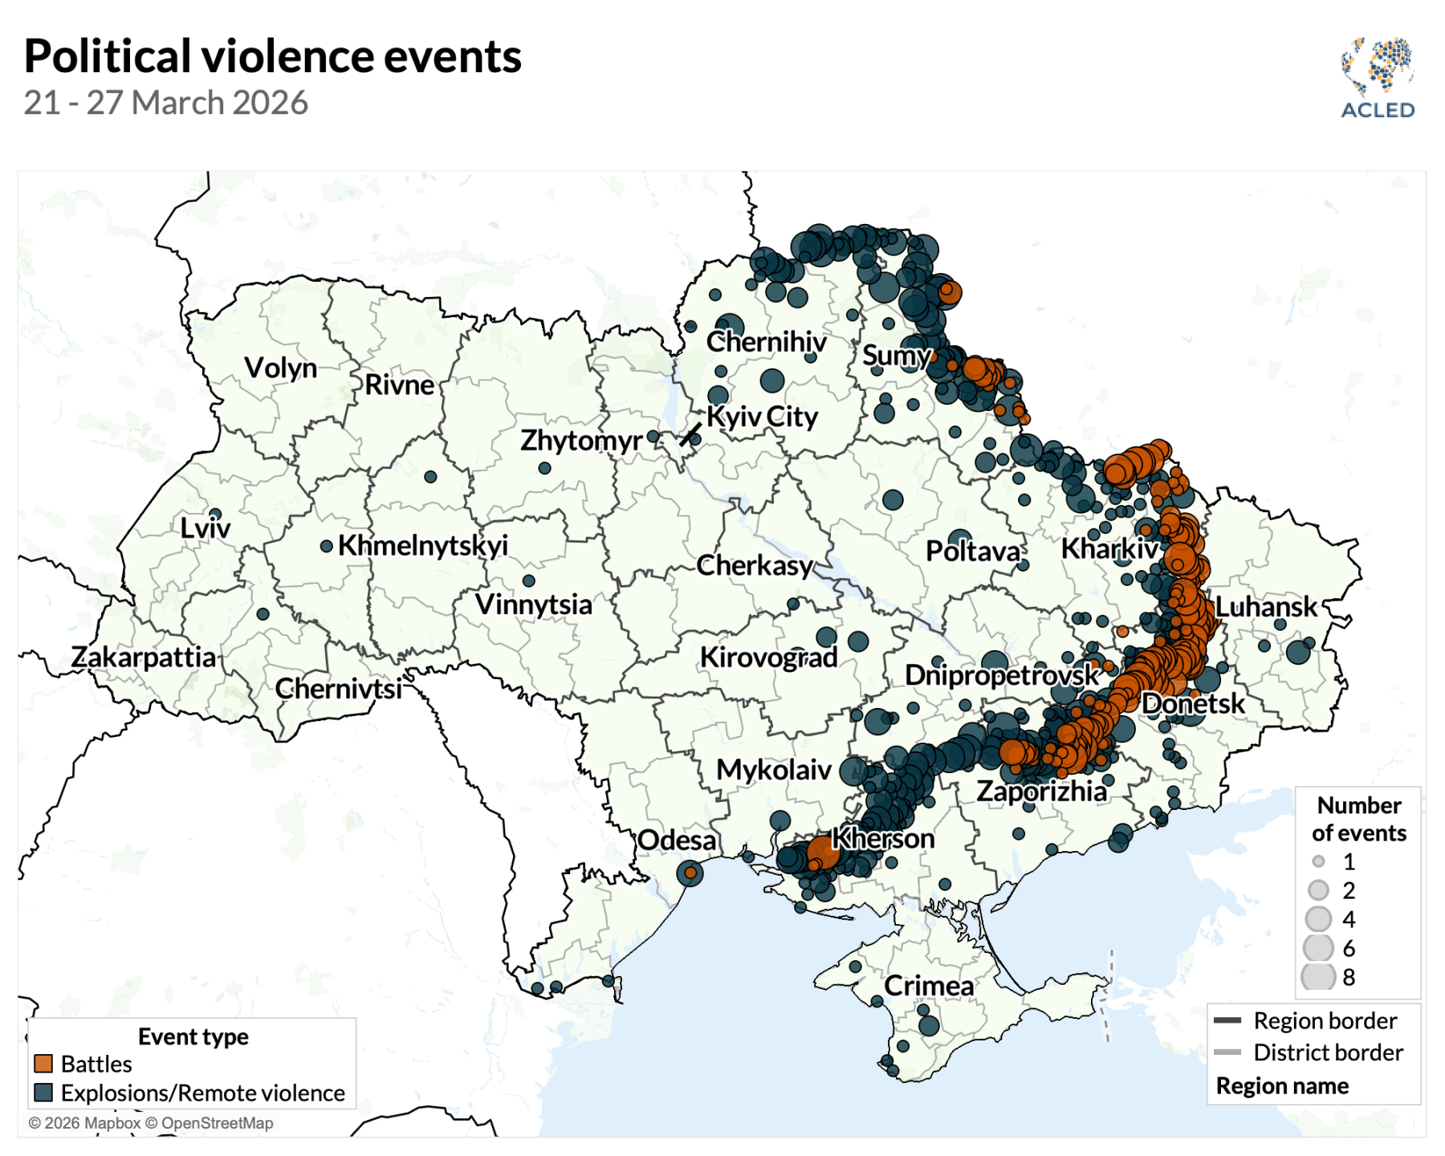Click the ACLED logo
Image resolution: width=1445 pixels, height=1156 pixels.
1378,78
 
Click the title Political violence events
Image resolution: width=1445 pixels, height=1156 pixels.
273,56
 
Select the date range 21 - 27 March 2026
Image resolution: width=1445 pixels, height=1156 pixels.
165,103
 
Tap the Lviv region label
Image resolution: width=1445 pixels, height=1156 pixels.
205,528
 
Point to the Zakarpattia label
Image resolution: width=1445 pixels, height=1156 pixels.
144,657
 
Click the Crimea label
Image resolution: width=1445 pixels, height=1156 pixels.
929,985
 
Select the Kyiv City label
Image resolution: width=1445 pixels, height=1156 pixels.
762,417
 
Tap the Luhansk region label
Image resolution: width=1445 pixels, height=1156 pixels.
1266,606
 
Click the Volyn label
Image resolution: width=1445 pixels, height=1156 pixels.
281,368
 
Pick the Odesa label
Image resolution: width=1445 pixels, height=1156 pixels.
677,840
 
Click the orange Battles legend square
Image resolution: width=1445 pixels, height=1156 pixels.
43,1064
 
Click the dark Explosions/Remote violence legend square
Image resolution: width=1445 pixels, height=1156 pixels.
43,1093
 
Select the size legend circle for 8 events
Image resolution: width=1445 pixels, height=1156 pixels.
1317,977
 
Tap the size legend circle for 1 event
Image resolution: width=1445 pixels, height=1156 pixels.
1318,861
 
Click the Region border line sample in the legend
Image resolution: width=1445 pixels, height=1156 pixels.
1227,1020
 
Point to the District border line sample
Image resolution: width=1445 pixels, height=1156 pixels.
1227,1052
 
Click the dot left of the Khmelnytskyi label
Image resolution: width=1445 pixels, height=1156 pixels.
326,546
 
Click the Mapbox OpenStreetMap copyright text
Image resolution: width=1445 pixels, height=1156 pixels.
151,1123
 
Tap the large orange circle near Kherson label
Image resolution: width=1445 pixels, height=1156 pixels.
823,852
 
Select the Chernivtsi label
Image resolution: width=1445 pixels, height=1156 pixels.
338,688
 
